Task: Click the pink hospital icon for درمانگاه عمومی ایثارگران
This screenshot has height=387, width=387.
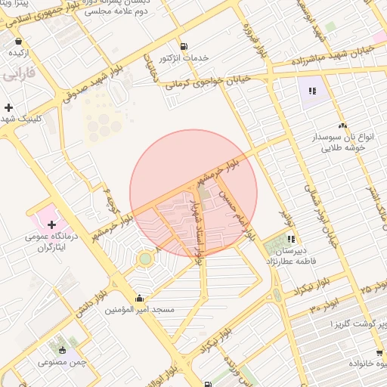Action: coord(51,224)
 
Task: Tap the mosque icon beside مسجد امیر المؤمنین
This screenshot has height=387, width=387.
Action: coord(138,299)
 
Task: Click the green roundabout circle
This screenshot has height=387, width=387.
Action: coord(144,259)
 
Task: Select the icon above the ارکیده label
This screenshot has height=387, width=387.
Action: coord(18,42)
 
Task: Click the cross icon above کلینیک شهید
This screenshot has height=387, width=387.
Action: coord(8,108)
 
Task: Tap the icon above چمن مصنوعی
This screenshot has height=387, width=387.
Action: coord(63,350)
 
